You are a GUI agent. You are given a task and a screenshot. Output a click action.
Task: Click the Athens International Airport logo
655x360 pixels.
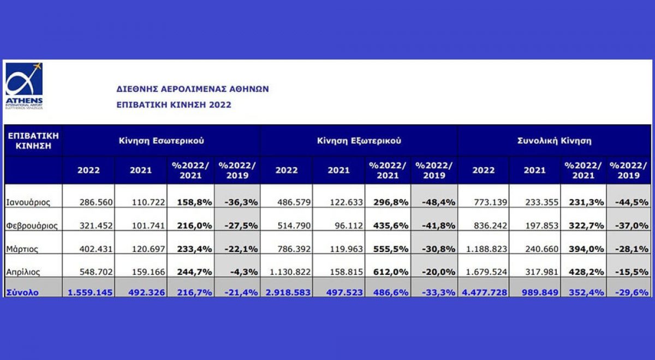[x=24, y=86]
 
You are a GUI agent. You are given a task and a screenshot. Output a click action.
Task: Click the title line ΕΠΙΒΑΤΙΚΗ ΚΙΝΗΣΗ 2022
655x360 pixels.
[x=174, y=105]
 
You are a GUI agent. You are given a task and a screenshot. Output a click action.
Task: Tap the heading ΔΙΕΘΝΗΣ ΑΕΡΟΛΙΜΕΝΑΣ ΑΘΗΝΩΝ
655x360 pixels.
[x=193, y=89]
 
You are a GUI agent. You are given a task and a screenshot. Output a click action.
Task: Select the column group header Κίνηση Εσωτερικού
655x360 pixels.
[x=162, y=141]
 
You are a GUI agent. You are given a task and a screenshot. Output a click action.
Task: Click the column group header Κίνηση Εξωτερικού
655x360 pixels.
[x=359, y=141]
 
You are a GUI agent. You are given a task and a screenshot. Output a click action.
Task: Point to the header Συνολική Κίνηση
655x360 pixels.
[x=554, y=141]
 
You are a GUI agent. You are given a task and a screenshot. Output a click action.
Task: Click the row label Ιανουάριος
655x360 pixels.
[x=28, y=202]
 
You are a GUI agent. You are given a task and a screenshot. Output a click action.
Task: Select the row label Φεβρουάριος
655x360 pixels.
[x=32, y=225]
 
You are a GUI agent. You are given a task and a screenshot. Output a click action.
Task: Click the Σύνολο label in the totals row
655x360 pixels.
[x=22, y=292]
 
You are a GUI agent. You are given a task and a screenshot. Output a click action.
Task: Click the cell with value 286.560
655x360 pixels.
[x=96, y=202]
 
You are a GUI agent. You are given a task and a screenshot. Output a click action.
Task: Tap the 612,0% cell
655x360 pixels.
[x=391, y=271]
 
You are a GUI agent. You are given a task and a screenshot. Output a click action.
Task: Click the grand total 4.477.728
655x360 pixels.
[x=484, y=292]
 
